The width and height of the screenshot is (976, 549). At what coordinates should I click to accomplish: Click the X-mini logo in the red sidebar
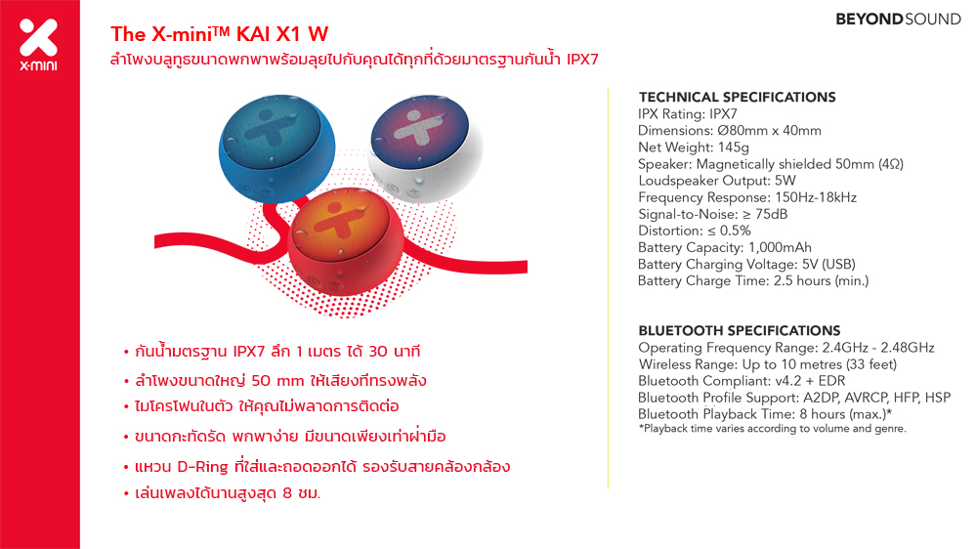click(x=39, y=44)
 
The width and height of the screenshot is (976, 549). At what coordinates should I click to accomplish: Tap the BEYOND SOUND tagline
click(x=898, y=20)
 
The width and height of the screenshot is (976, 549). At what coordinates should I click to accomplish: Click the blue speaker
click(x=277, y=148)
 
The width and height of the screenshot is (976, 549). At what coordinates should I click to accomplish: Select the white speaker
click(x=426, y=148)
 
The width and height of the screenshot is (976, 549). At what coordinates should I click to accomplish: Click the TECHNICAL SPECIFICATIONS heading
click(x=737, y=97)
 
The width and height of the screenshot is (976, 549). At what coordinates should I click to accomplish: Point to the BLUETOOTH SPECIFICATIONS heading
click(x=740, y=330)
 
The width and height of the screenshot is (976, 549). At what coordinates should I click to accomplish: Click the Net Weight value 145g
click(x=734, y=148)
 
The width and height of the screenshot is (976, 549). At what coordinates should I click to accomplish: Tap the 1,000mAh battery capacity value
click(x=780, y=248)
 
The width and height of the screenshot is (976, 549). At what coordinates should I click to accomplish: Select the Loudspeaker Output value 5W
click(x=785, y=181)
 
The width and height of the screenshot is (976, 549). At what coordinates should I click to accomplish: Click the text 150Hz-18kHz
click(x=816, y=197)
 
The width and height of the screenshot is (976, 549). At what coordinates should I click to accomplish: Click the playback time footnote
click(x=773, y=428)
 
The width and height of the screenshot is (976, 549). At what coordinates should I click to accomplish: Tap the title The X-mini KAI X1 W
click(x=220, y=33)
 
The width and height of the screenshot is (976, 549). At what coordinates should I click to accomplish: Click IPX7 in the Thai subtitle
click(x=582, y=60)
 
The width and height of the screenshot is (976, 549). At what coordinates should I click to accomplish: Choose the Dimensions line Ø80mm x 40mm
click(x=730, y=131)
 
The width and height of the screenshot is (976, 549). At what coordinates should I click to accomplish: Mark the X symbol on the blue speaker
click(x=267, y=129)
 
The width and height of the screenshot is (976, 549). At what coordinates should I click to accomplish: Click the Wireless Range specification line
click(x=768, y=364)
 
